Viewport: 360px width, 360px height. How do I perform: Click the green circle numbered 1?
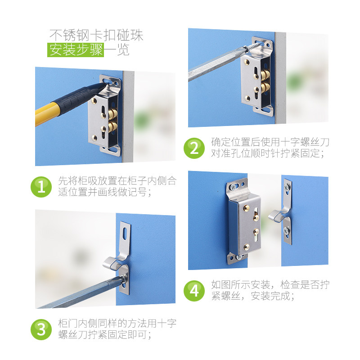click(41, 187)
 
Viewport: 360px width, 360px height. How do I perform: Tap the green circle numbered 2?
click(194, 148)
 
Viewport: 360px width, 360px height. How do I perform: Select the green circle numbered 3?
click(41, 329)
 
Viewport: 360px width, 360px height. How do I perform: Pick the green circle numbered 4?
click(194, 291)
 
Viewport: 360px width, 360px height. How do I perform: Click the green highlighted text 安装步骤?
click(76, 50)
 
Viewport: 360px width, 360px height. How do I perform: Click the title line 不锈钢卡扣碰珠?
click(96, 35)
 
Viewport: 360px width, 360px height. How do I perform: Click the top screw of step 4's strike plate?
click(287, 185)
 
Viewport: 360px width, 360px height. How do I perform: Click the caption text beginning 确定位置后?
click(270, 148)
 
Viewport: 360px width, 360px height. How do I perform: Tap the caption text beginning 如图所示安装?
click(270, 291)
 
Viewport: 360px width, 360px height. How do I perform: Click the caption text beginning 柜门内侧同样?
click(117, 329)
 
